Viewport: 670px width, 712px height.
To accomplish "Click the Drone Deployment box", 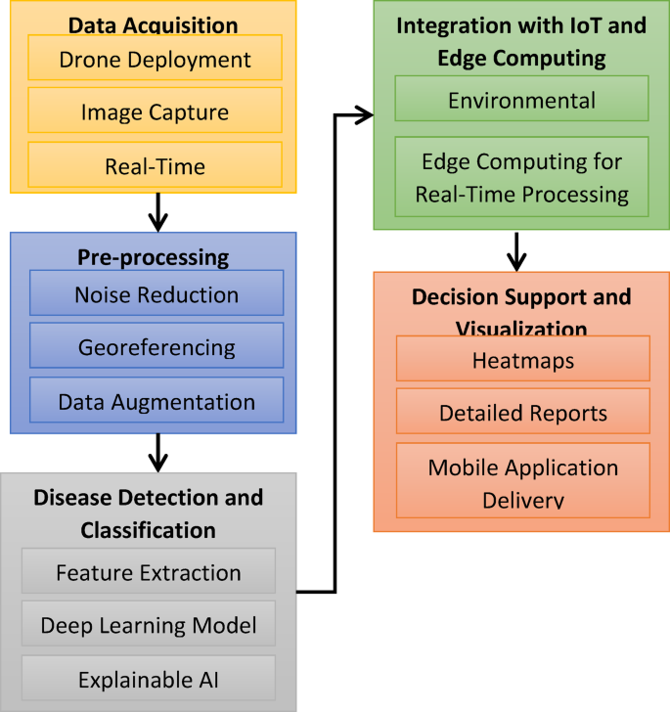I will (x=155, y=59).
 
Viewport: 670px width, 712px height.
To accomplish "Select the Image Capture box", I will (x=155, y=112).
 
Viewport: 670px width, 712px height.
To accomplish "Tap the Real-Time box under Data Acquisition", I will (x=155, y=166).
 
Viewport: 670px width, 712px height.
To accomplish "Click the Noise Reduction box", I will (x=156, y=293).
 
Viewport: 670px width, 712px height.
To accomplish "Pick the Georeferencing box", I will (x=156, y=347).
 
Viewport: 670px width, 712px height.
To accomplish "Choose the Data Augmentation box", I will (x=156, y=401).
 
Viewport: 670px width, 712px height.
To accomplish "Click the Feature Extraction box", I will (x=149, y=572).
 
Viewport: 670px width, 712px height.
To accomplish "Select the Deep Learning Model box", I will (x=149, y=625).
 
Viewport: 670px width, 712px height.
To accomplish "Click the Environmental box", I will (x=521, y=100).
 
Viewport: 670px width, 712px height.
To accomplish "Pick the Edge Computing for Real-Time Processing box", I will (x=521, y=177).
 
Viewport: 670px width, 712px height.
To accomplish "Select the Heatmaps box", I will (x=522, y=359).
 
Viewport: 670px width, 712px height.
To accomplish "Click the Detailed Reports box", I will (x=522, y=413).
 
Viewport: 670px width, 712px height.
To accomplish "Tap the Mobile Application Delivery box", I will (x=522, y=481).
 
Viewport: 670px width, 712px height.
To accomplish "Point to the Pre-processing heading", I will (x=153, y=258).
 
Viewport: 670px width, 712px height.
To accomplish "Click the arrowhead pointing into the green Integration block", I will (x=364, y=115).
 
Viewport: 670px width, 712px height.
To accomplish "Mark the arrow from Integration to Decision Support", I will (x=517, y=251).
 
